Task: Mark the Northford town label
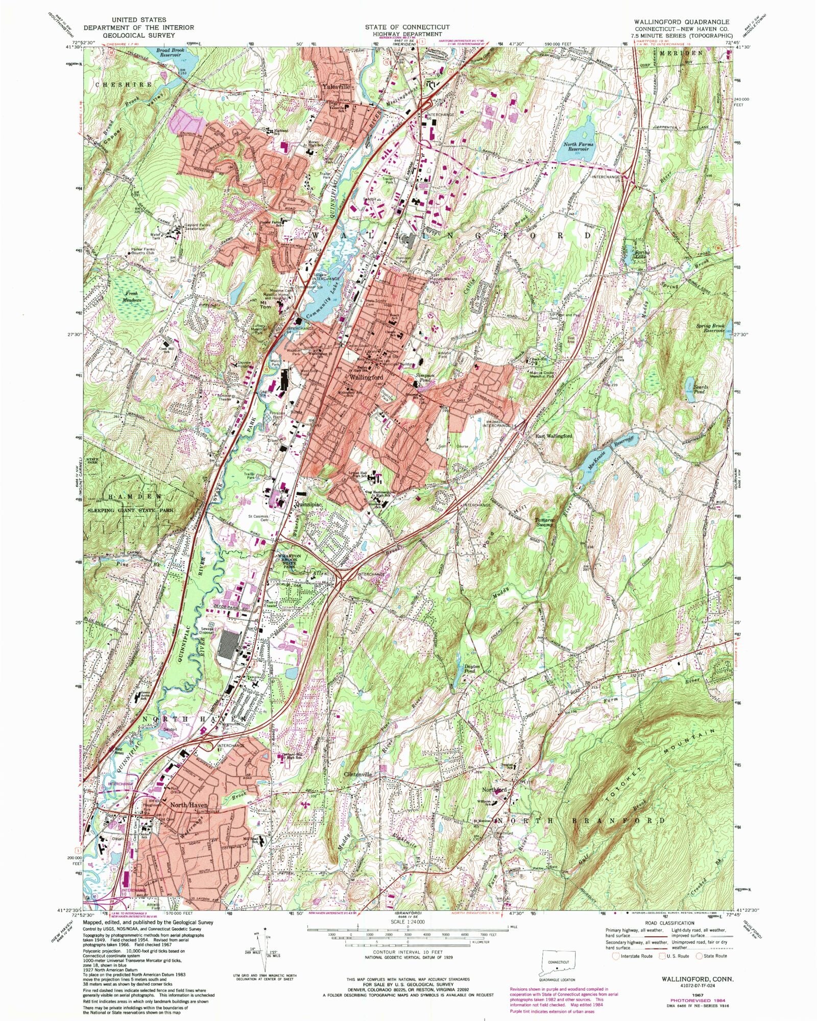pyautogui.click(x=494, y=790)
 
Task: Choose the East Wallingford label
pyautogui.click(x=554, y=436)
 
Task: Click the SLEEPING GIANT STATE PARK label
pyautogui.click(x=131, y=510)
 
